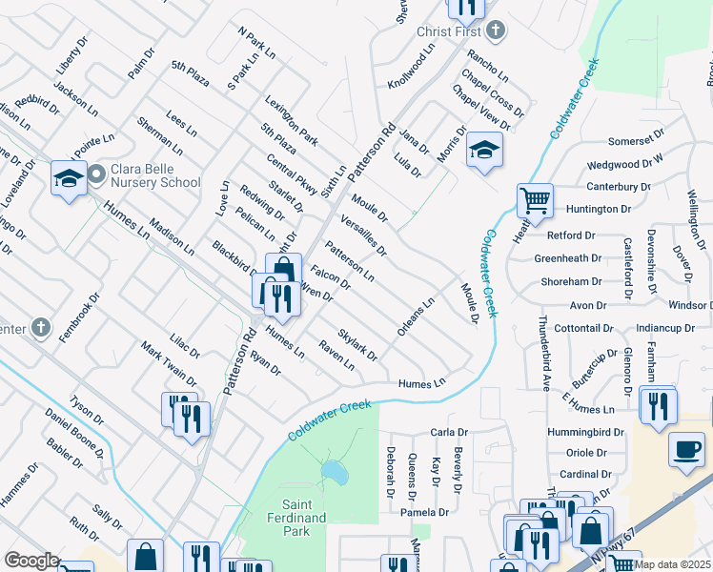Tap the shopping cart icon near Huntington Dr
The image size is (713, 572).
(x=535, y=201)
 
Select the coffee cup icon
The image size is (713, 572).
(x=686, y=449)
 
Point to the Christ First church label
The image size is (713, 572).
(x=448, y=31)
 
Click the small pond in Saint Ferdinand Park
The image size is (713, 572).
(x=334, y=471)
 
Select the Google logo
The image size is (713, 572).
(x=31, y=561)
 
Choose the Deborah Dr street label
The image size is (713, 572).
(x=391, y=474)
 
